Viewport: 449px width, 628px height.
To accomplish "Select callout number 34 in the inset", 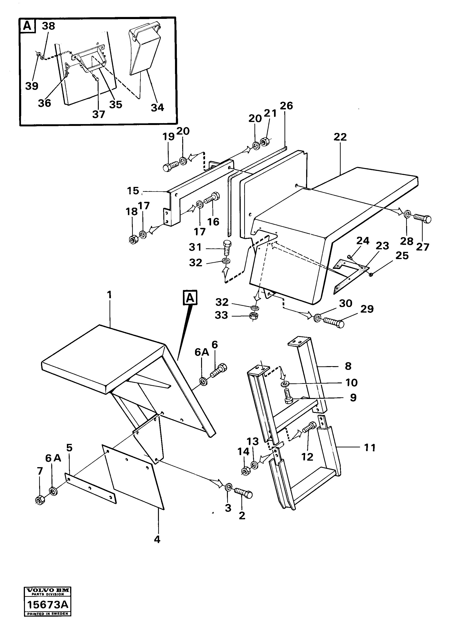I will pyautogui.click(x=157, y=107).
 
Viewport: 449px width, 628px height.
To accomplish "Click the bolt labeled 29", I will pyautogui.click(x=334, y=322).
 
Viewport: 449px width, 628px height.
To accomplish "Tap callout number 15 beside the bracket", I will pyautogui.click(x=133, y=191).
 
